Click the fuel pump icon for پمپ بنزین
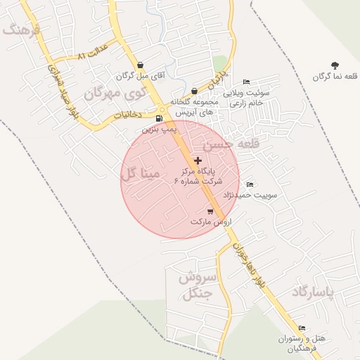(159, 118)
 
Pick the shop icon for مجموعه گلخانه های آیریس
(194, 91)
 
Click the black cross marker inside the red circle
(198, 161)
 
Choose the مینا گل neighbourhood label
(140, 173)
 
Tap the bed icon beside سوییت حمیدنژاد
(250, 185)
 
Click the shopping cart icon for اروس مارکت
(210, 211)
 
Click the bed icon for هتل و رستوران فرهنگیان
(302, 328)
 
